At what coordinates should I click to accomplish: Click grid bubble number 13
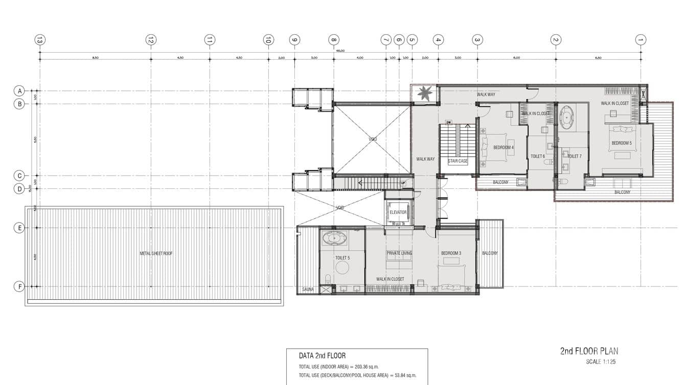(x=40, y=40)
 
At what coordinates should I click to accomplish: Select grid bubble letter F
(x=19, y=286)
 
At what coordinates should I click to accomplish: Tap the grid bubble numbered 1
(x=641, y=40)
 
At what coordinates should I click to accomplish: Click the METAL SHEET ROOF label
(x=156, y=253)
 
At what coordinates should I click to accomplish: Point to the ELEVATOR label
(x=398, y=212)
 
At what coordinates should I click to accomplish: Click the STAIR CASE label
(x=458, y=161)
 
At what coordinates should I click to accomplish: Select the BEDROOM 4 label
(x=503, y=148)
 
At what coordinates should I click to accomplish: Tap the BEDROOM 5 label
(x=622, y=143)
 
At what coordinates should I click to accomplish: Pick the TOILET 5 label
(x=342, y=258)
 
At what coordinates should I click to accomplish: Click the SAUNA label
(x=308, y=290)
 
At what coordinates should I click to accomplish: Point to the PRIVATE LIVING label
(x=399, y=253)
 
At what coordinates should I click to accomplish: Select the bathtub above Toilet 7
(x=566, y=116)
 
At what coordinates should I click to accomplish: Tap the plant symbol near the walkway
(x=424, y=93)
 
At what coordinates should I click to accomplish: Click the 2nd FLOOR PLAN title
(x=589, y=351)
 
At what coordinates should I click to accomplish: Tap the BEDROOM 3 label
(x=451, y=253)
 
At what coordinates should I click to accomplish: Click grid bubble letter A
(x=19, y=91)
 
